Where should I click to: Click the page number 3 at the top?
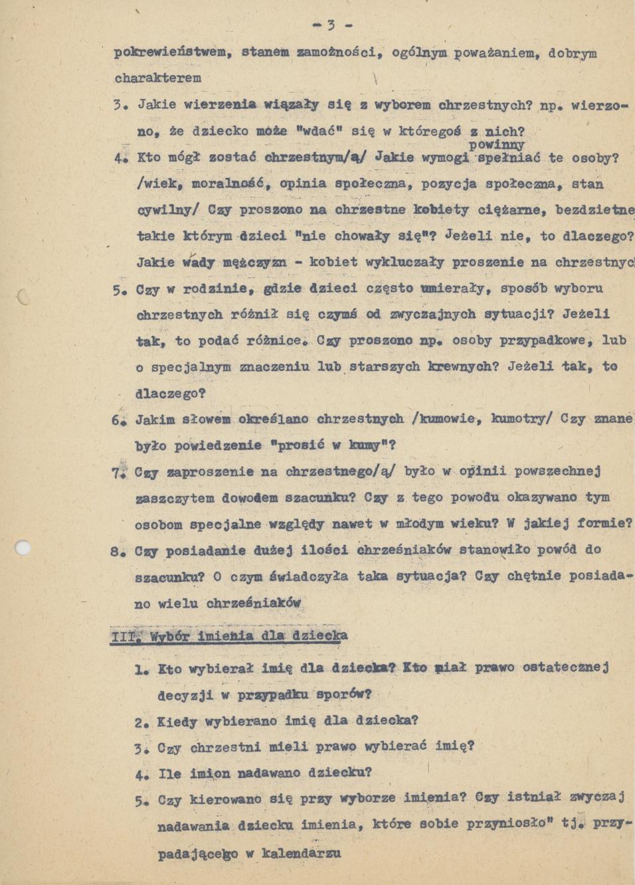[x=330, y=26]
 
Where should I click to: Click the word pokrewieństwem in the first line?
[x=171, y=52]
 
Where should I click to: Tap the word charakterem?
[x=158, y=78]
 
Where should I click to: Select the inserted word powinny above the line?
[x=497, y=144]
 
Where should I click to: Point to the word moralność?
[x=228, y=183]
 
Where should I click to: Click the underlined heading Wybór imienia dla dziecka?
[x=248, y=636]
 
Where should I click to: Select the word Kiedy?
[x=177, y=721]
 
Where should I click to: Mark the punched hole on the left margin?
[x=22, y=548]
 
